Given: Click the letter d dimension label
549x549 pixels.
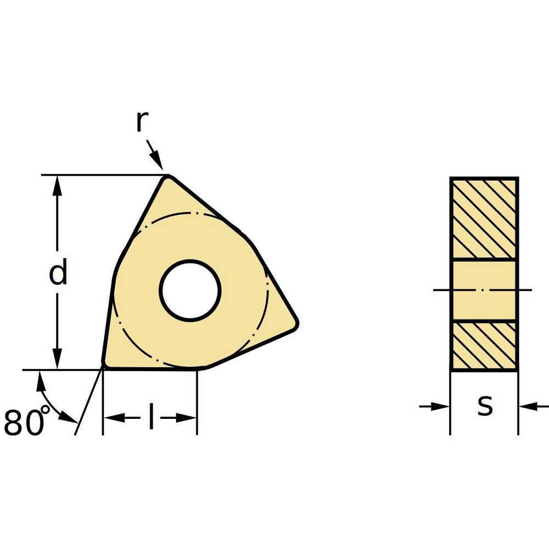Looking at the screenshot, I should point(58,273).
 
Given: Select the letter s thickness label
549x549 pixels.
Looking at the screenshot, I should point(484,406).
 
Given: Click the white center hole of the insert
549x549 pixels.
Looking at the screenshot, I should point(190,290).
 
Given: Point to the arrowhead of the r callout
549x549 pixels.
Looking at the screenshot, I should point(159,163).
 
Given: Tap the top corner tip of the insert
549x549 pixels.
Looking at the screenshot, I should point(169,177).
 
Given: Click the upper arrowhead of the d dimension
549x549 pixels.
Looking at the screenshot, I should point(57,184).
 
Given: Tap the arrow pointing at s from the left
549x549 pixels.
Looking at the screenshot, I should point(441,406).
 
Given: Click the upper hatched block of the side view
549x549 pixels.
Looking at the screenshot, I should point(484,218).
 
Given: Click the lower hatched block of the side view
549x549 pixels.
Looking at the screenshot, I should point(484,345).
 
